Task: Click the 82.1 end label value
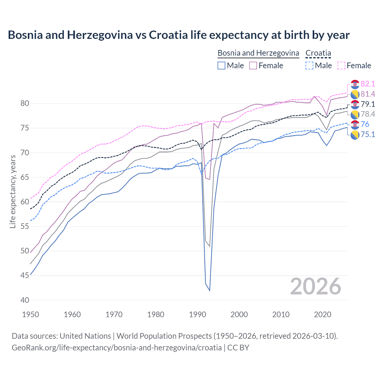coord(368,84)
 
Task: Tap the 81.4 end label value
coord(368,94)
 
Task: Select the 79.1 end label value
coord(368,104)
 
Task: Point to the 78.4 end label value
coord(368,114)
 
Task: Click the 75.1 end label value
coord(368,134)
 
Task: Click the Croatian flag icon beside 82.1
coord(355,84)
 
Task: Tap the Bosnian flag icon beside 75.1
coord(355,135)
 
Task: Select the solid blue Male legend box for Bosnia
coord(221,66)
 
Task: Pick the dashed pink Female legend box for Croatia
coord(341,66)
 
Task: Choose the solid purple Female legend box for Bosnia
coord(253,66)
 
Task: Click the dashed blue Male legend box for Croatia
coord(309,66)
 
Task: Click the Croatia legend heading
coord(318,53)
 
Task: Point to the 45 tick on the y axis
coord(25,275)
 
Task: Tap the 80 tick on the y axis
coord(25,104)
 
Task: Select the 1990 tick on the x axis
coord(197,314)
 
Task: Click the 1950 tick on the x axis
coord(31,314)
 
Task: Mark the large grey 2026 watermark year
coord(316,286)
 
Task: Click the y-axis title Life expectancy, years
coord(13,191)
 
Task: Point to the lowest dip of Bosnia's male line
coord(209,291)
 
